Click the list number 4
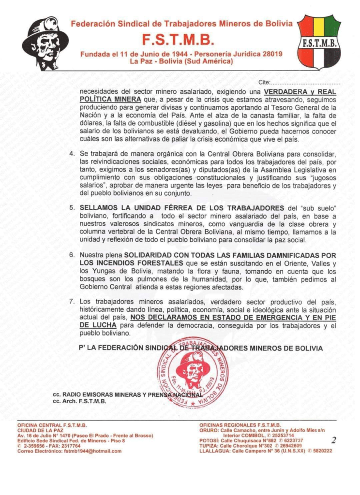point(72,154)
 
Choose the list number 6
point(72,255)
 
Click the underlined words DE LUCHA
point(98,325)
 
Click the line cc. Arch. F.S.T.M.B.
point(80,401)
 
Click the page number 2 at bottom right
point(334,440)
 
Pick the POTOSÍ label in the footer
point(210,440)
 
